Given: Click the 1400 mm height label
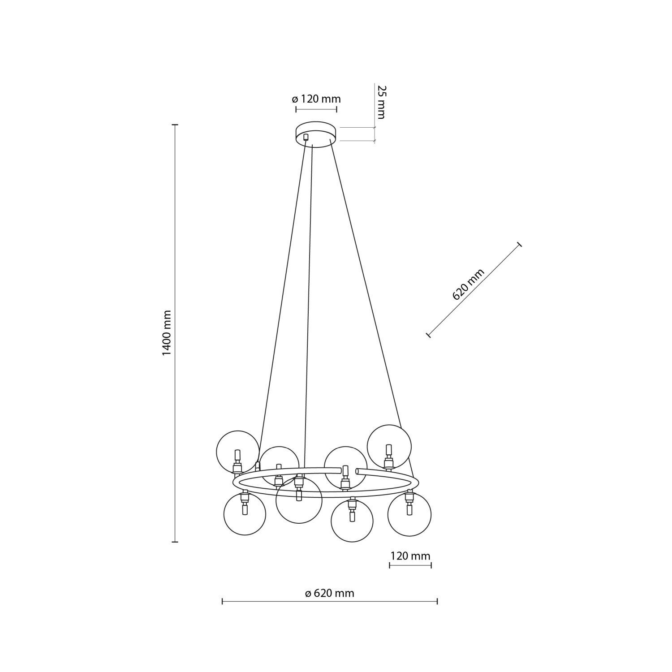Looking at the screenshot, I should [167, 332].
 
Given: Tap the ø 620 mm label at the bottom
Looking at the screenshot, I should [330, 594].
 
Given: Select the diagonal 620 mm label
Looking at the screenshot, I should [469, 284].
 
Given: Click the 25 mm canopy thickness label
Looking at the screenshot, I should [381, 102].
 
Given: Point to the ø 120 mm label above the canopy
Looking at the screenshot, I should [316, 99].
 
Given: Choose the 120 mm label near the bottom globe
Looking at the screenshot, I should [410, 556].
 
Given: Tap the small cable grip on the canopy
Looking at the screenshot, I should [306, 137].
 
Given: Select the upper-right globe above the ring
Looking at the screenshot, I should [389, 445].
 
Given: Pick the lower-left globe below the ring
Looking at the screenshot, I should [245, 514].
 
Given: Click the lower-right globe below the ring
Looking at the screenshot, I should [409, 514].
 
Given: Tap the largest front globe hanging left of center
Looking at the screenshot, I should [299, 501].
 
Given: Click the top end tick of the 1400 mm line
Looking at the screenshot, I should [175, 125].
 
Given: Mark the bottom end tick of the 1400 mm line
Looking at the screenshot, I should [175, 542].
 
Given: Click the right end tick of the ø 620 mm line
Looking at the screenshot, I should [437, 601].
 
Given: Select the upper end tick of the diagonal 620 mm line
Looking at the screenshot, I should [520, 244].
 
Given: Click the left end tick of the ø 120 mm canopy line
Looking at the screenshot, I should [296, 109].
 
